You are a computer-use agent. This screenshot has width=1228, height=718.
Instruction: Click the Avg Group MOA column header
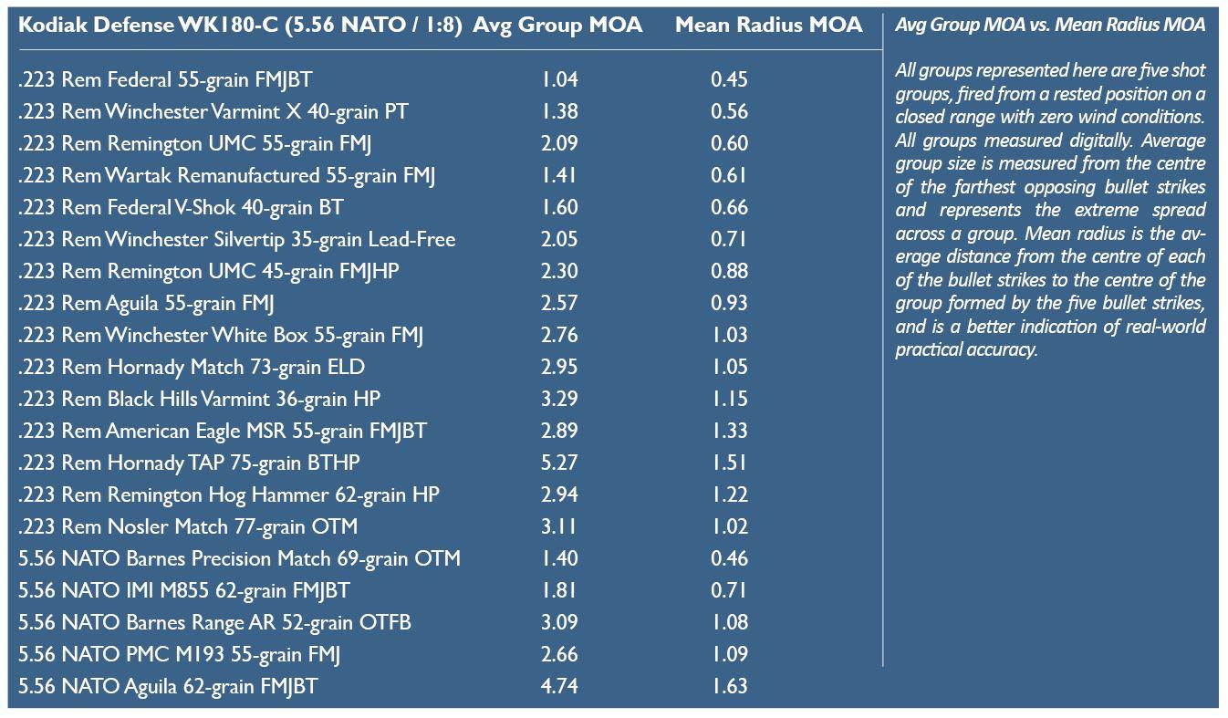pyautogui.click(x=557, y=26)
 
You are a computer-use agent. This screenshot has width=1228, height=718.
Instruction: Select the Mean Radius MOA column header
pyautogui.click(x=768, y=26)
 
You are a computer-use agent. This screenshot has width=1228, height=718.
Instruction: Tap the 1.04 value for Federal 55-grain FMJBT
pyautogui.click(x=559, y=79)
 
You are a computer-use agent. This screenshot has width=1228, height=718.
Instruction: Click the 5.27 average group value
pyautogui.click(x=559, y=463)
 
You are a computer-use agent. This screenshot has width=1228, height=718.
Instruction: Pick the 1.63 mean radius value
pyautogui.click(x=729, y=686)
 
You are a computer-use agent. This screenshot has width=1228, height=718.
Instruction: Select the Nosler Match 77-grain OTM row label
pyautogui.click(x=188, y=526)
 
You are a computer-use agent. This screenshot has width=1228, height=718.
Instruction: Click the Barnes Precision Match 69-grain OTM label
pyautogui.click(x=239, y=558)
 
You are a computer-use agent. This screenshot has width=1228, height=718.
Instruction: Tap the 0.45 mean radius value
pyautogui.click(x=729, y=79)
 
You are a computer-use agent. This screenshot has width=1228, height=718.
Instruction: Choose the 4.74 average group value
pyautogui.click(x=559, y=686)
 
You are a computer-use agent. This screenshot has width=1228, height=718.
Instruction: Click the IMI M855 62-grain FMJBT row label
pyautogui.click(x=183, y=590)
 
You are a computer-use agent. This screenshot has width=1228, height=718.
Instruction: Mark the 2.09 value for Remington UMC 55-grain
pyautogui.click(x=559, y=143)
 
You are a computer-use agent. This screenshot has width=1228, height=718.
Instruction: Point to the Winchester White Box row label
pyautogui.click(x=221, y=335)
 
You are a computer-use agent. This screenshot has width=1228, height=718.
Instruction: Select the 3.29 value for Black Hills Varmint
pyautogui.click(x=559, y=399)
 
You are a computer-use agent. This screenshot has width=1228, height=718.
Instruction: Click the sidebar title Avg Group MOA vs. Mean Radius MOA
pyautogui.click(x=1049, y=26)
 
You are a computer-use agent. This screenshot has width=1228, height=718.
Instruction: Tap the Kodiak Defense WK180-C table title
pyautogui.click(x=241, y=26)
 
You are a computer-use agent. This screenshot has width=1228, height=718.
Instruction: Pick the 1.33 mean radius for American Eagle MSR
pyautogui.click(x=729, y=431)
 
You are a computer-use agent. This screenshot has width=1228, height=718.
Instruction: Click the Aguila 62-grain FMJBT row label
pyautogui.click(x=168, y=686)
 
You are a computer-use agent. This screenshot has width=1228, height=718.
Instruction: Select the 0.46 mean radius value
pyautogui.click(x=729, y=558)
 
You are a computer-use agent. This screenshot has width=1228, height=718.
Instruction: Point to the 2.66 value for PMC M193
pyautogui.click(x=559, y=654)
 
